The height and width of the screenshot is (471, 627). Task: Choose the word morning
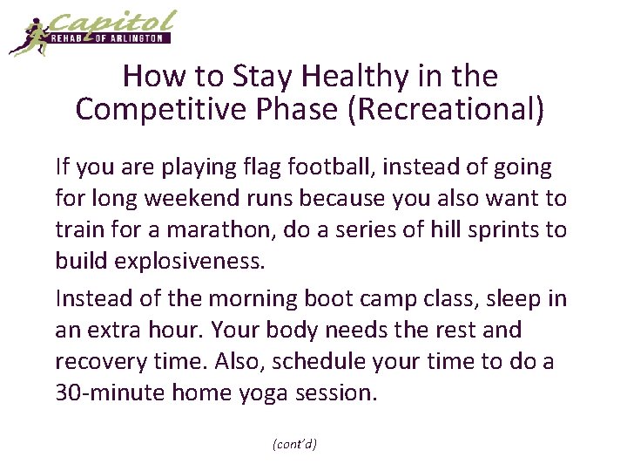256,298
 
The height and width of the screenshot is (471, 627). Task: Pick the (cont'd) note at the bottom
294,444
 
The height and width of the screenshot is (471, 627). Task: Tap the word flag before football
275,166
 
